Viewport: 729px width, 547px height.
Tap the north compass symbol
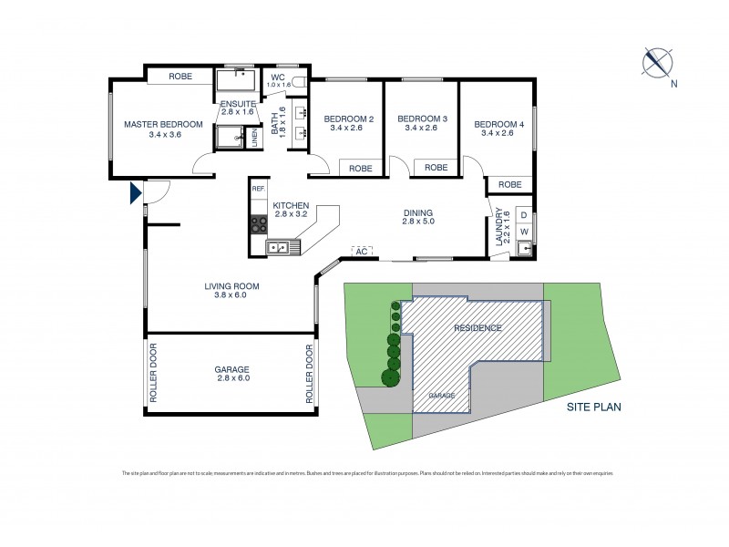(x=656, y=62)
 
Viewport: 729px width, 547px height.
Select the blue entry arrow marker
(x=135, y=193)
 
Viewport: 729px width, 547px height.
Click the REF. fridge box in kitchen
(x=258, y=189)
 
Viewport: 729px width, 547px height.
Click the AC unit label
(x=363, y=250)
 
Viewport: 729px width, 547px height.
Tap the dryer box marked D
(x=523, y=216)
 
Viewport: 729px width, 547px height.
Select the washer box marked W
(x=523, y=232)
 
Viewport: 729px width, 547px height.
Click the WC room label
(x=278, y=77)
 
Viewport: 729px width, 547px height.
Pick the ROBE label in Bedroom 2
(x=361, y=168)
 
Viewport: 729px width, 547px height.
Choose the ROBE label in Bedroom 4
(x=510, y=184)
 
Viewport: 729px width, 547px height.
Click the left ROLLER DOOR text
(x=153, y=373)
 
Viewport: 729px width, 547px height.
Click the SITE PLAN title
(x=592, y=408)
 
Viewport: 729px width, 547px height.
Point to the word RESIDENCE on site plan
(x=477, y=327)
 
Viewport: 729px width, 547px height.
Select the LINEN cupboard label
(x=255, y=137)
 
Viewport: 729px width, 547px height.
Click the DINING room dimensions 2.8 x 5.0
(x=417, y=221)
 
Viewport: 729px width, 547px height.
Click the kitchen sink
(x=278, y=246)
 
